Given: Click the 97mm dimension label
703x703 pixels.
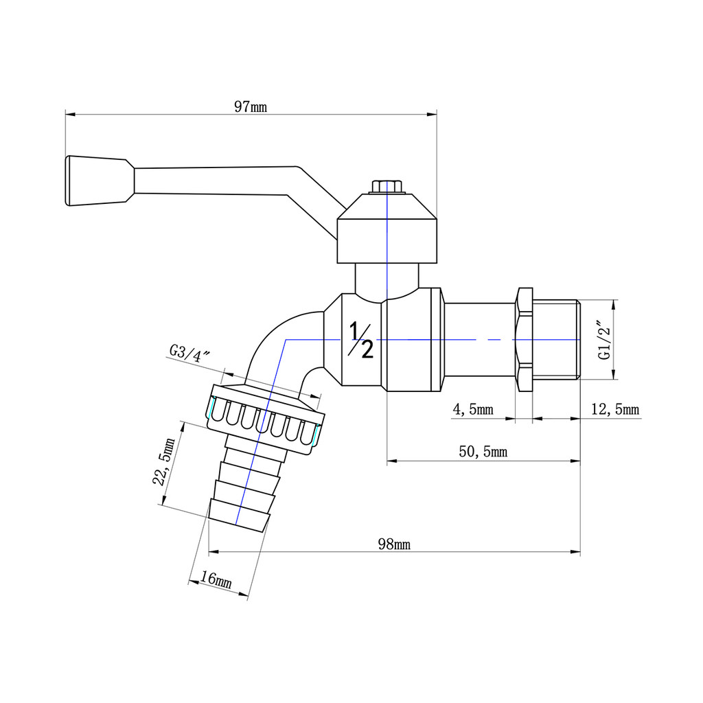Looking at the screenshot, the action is click(x=250, y=106).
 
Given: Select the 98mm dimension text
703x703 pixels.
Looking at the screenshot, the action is click(x=394, y=544).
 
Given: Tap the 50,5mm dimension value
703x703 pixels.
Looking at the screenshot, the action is click(x=483, y=452).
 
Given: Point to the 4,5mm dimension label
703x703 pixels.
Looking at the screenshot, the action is click(x=473, y=409).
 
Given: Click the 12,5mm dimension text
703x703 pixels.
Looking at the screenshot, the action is click(x=615, y=409).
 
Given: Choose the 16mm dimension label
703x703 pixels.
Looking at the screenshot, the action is click(x=216, y=579).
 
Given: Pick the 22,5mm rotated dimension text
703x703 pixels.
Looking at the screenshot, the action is click(x=163, y=461).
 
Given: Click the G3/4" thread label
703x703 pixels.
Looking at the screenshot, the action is click(x=189, y=354).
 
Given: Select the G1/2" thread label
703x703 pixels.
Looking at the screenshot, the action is click(x=605, y=339).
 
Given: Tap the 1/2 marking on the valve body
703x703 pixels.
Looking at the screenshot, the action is click(x=361, y=340).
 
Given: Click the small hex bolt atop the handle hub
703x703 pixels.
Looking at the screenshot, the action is click(x=387, y=187).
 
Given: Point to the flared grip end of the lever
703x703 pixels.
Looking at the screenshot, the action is click(x=100, y=181).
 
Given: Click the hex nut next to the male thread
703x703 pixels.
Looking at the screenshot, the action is click(x=525, y=339).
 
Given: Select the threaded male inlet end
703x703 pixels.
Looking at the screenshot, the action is click(x=556, y=339).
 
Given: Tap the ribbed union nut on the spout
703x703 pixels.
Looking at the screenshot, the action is click(x=266, y=420).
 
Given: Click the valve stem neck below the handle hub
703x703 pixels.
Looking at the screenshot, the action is click(x=387, y=281).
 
